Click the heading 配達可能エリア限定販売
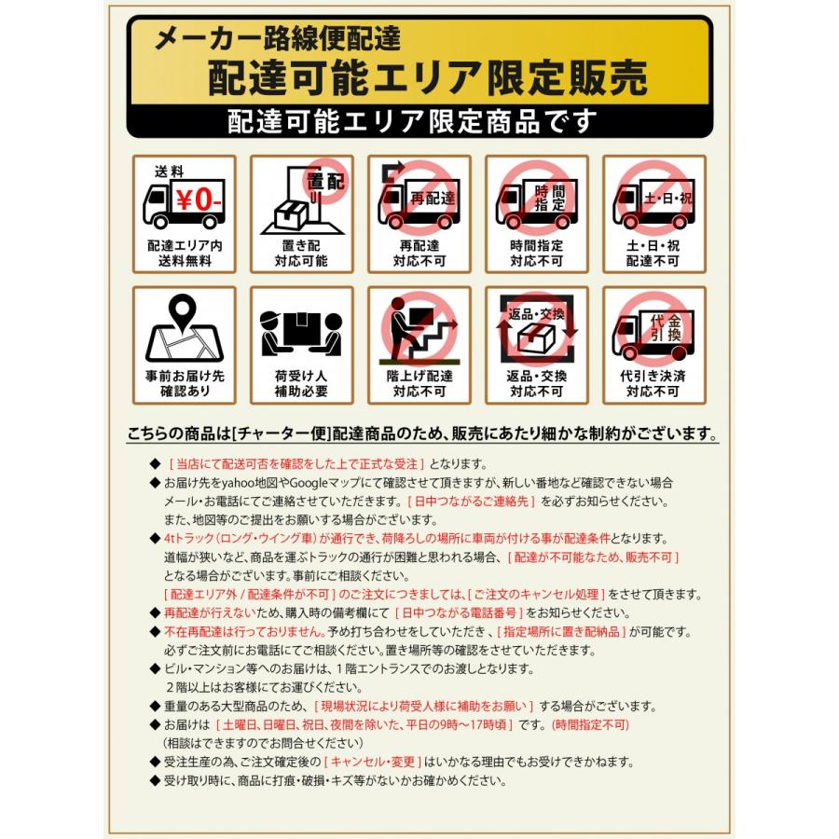click(427, 78)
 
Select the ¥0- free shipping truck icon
click(184, 201)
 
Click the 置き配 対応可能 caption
click(301, 254)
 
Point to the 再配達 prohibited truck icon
click(419, 199)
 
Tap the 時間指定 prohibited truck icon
click(536, 199)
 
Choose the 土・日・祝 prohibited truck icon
click(653, 199)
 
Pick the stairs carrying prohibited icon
click(419, 331)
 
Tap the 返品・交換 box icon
click(536, 331)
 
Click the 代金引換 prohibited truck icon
click(653, 331)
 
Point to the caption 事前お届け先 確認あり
click(184, 383)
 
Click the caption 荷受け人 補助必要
click(301, 383)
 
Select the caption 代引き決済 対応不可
click(653, 383)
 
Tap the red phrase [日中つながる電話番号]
click(458, 612)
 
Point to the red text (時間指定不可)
click(591, 724)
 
